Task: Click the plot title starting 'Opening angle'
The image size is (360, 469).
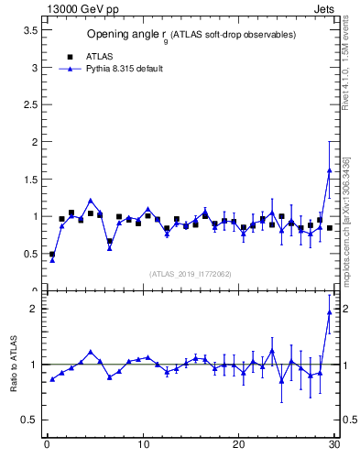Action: (x=191, y=36)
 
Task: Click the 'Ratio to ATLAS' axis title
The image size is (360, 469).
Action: (x=15, y=364)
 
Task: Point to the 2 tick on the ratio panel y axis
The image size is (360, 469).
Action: (x=32, y=309)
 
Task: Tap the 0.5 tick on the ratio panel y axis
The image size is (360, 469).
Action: (x=27, y=420)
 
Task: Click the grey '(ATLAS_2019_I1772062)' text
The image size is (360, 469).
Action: (x=190, y=273)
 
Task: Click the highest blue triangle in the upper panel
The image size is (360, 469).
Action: (x=329, y=170)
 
